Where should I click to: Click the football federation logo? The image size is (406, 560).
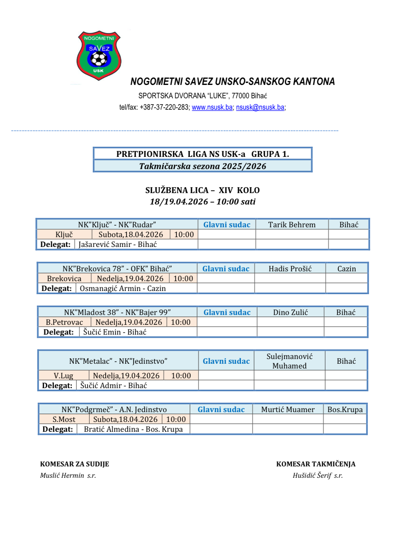point(99,55)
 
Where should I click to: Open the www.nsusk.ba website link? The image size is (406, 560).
point(212,107)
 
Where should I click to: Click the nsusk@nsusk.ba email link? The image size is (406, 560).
point(260,107)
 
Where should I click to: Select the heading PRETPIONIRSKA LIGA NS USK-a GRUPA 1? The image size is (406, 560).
point(202,154)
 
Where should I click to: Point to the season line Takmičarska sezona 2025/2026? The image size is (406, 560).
point(202,166)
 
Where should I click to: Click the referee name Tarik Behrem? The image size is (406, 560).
point(292,225)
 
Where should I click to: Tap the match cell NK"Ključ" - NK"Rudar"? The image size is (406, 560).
point(117,225)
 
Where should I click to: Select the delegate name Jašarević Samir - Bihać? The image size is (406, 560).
point(118,244)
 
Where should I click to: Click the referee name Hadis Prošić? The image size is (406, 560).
point(290,269)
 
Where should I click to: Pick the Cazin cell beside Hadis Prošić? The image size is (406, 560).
point(347,269)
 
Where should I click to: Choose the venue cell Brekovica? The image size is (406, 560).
point(64,278)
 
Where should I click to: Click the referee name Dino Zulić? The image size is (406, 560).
point(290,312)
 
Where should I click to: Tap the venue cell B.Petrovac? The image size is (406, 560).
point(64,322)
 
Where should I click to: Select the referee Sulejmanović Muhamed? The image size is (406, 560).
point(290,361)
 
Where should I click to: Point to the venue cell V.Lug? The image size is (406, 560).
point(63,376)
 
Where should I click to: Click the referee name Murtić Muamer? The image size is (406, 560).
point(288,409)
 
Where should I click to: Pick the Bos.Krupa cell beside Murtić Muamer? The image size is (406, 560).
point(345,409)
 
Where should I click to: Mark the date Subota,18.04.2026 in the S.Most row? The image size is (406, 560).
point(125,419)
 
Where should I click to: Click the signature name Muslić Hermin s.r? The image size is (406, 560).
point(68,475)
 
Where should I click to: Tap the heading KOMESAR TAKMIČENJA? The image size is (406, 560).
point(316,464)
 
